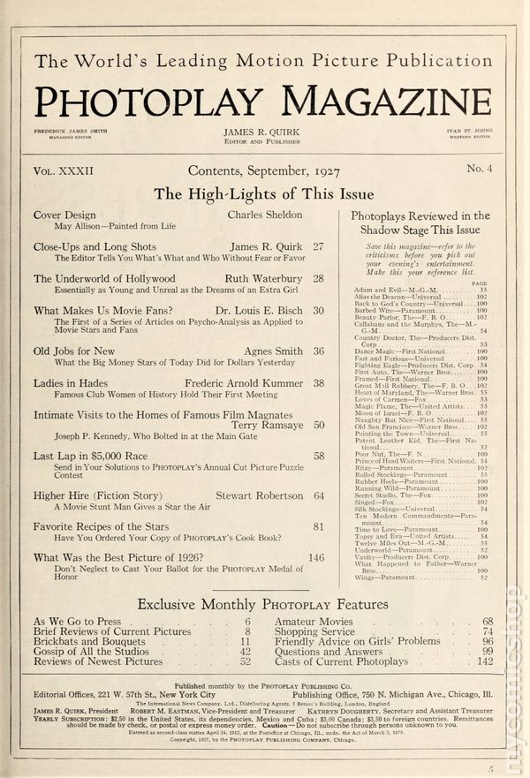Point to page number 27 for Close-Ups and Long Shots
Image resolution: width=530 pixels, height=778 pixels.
pyautogui.click(x=318, y=246)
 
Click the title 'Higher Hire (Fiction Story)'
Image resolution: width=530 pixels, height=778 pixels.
pyautogui.click(x=102, y=496)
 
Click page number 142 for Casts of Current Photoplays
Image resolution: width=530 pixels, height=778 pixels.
pyautogui.click(x=485, y=661)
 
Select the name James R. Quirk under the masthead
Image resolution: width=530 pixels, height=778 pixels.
pyautogui.click(x=264, y=132)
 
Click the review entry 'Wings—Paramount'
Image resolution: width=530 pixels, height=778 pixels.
pyautogui.click(x=385, y=578)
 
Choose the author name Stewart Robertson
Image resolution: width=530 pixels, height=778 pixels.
pyautogui.click(x=264, y=496)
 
